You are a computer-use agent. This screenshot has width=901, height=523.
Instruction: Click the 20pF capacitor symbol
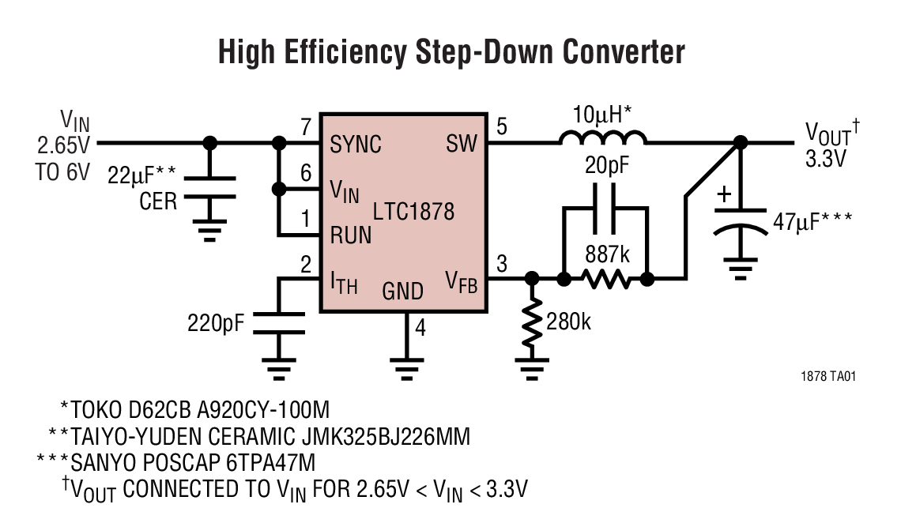[605, 208]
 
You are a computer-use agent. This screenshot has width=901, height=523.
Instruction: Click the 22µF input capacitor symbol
[209, 187]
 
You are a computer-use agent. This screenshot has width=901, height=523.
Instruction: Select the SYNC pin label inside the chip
[356, 145]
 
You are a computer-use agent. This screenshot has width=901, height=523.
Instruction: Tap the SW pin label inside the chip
[462, 145]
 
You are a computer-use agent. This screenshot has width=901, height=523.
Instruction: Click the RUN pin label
[351, 235]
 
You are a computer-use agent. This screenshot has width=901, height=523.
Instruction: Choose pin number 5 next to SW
[500, 126]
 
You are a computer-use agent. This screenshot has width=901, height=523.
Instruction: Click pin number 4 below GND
[420, 326]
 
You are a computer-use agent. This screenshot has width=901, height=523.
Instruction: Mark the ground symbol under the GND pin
[405, 365]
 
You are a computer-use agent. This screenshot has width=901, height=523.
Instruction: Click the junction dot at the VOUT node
[741, 143]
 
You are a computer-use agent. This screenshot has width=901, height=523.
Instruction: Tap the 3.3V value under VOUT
[826, 157]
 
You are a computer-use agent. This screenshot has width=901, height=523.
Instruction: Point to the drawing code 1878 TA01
[828, 377]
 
